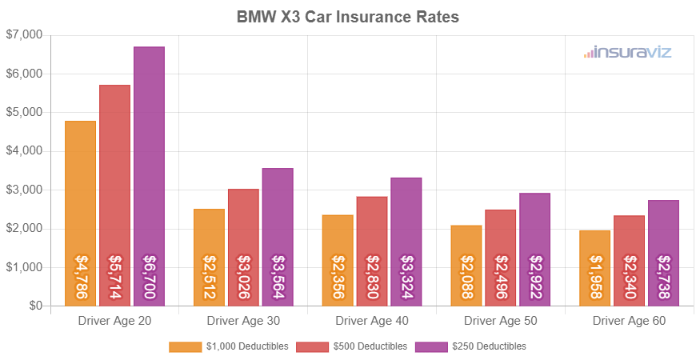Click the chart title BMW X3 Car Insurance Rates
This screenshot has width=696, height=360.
click(x=348, y=16)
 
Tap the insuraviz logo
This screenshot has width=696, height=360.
click(x=627, y=52)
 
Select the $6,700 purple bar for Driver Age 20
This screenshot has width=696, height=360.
click(x=149, y=176)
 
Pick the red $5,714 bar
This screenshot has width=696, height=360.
click(x=114, y=195)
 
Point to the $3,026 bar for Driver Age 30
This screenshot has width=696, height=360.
click(x=243, y=247)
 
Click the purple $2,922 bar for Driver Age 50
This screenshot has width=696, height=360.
click(x=534, y=249)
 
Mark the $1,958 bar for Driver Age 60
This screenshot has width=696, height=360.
click(x=594, y=268)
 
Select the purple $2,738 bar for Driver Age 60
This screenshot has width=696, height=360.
click(x=663, y=253)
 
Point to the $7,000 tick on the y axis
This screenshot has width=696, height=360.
click(x=25, y=35)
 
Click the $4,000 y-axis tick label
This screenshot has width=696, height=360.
click(x=25, y=151)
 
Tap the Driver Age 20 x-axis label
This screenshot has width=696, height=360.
click(x=114, y=321)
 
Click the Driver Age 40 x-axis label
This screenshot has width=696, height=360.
click(x=372, y=321)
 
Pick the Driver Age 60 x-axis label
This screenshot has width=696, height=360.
click(x=629, y=321)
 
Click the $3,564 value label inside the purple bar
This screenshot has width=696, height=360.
click(x=278, y=277)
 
